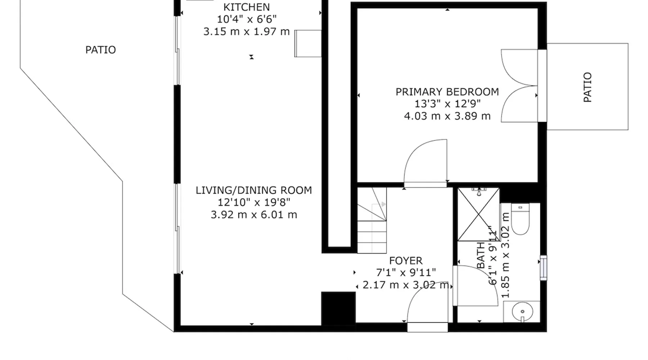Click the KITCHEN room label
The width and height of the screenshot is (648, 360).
[x=247, y=7]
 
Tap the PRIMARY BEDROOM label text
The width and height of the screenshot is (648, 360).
[x=447, y=92]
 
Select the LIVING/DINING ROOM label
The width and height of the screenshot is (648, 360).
[x=254, y=190]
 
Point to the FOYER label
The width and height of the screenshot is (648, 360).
[x=406, y=261]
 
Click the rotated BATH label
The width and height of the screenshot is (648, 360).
[x=481, y=256]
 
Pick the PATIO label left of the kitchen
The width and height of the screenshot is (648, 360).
[x=100, y=50]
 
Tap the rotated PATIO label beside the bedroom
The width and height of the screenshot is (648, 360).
[x=587, y=87]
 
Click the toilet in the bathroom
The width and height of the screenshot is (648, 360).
[x=520, y=219]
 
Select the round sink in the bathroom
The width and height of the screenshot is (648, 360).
[x=522, y=312]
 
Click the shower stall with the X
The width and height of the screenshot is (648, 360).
[x=478, y=214]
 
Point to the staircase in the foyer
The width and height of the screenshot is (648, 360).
[x=372, y=220]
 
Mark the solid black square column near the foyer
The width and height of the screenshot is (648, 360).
[x=338, y=308]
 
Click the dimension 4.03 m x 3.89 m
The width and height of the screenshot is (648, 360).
[x=447, y=116]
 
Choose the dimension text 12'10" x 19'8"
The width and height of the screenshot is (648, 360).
[x=254, y=203]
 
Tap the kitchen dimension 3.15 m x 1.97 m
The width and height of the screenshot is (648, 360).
[x=247, y=32]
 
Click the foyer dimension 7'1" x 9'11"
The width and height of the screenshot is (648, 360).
[x=406, y=273]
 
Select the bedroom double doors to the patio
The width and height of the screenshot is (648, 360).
[x=519, y=86]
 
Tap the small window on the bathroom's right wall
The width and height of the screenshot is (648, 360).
[x=544, y=267]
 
